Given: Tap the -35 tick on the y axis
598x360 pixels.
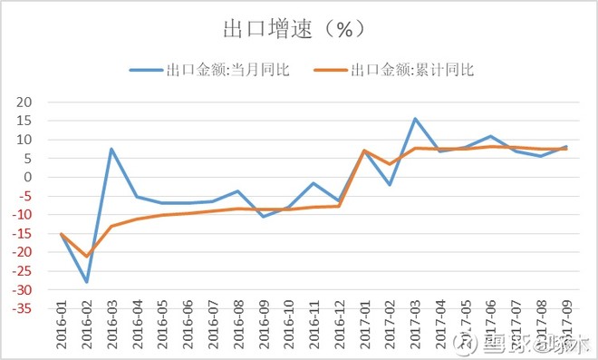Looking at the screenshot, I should click(x=21, y=309).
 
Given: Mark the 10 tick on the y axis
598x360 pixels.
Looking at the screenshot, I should click(x=24, y=140).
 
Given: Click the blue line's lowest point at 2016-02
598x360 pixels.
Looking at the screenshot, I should click(x=87, y=282).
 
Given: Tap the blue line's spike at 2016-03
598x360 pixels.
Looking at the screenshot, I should click(x=111, y=149).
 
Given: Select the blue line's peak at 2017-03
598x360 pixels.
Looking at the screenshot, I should click(x=415, y=119).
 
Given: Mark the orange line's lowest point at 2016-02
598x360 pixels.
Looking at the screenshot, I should click(x=87, y=257).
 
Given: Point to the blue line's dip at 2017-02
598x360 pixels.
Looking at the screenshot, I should click(x=390, y=185).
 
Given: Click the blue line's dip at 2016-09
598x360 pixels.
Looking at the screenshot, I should click(x=264, y=217).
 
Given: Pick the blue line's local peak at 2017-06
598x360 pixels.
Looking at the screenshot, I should click(x=490, y=136).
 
